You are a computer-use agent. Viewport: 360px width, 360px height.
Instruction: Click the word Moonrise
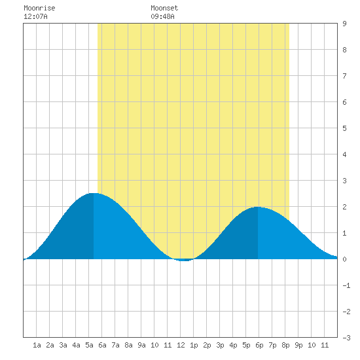pyautogui.click(x=39, y=8)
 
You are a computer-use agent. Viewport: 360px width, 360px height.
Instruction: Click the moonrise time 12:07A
pyautogui.click(x=35, y=16)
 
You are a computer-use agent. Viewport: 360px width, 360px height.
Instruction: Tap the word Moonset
pyautogui.click(x=164, y=8)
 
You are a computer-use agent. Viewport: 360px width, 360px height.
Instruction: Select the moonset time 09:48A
pyautogui.click(x=162, y=16)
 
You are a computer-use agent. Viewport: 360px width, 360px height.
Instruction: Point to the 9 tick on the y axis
pyautogui.click(x=344, y=24)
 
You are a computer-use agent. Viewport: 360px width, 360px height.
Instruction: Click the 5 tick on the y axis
pyautogui.click(x=344, y=128)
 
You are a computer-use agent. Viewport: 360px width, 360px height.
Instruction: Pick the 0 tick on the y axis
pyautogui.click(x=344, y=259)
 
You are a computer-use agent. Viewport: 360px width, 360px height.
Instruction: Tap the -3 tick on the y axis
pyautogui.click(x=346, y=338)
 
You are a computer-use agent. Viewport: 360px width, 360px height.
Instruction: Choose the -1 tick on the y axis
pyautogui.click(x=346, y=285)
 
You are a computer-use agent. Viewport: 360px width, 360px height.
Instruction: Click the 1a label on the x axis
pyautogui.click(x=37, y=345)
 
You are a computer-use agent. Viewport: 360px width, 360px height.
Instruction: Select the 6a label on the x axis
pyautogui.click(x=102, y=345)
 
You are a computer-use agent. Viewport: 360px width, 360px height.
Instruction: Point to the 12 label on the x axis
pyautogui.click(x=181, y=345)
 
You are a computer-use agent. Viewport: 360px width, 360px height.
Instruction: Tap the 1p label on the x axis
pyautogui.click(x=194, y=345)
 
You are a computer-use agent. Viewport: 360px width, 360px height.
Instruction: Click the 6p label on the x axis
pyautogui.click(x=259, y=345)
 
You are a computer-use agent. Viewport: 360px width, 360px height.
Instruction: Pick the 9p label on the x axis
pyautogui.click(x=298, y=345)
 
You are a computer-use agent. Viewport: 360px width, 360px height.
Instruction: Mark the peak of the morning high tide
pyautogui.click(x=94, y=193)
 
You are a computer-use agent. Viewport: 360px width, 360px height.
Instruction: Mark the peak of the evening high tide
pyautogui.click(x=258, y=207)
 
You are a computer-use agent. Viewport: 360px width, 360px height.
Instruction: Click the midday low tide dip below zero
pyautogui.click(x=185, y=260)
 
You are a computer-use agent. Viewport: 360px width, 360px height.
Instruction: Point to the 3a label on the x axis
pyautogui.click(x=63, y=345)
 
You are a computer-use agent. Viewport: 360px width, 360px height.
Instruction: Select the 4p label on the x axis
pyautogui.click(x=233, y=345)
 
